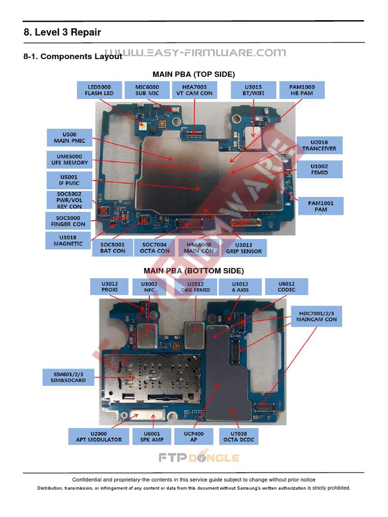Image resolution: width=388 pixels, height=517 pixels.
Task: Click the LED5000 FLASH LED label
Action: [x=99, y=90]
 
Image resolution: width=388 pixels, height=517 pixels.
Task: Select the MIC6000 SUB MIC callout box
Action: [x=147, y=90]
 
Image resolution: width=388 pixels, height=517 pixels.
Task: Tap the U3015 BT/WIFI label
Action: [x=253, y=90]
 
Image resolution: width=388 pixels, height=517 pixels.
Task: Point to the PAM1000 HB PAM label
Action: [x=302, y=90]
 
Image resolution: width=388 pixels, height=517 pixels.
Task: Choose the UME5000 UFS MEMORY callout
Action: [x=69, y=160]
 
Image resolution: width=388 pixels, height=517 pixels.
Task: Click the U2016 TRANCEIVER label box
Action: [x=319, y=145]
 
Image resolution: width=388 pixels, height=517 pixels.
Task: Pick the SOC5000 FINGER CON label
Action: [x=68, y=221]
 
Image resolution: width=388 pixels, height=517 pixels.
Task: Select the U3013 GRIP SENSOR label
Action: [x=244, y=247]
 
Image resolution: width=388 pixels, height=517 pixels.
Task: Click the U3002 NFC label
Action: [x=149, y=287]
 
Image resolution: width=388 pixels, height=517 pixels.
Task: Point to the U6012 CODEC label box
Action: [x=286, y=287]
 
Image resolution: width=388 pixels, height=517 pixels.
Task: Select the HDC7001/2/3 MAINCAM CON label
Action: [x=316, y=316]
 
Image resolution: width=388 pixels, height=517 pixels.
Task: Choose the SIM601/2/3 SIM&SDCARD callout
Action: [x=68, y=377]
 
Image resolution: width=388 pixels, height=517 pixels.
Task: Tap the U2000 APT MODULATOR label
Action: [x=99, y=436]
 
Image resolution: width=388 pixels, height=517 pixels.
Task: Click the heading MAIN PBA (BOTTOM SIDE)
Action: [x=193, y=271]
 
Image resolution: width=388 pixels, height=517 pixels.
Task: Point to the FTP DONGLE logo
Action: [x=199, y=458]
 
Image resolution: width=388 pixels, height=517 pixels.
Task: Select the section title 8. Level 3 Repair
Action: [x=62, y=32]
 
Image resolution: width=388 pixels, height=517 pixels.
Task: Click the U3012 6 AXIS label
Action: [x=240, y=287]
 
